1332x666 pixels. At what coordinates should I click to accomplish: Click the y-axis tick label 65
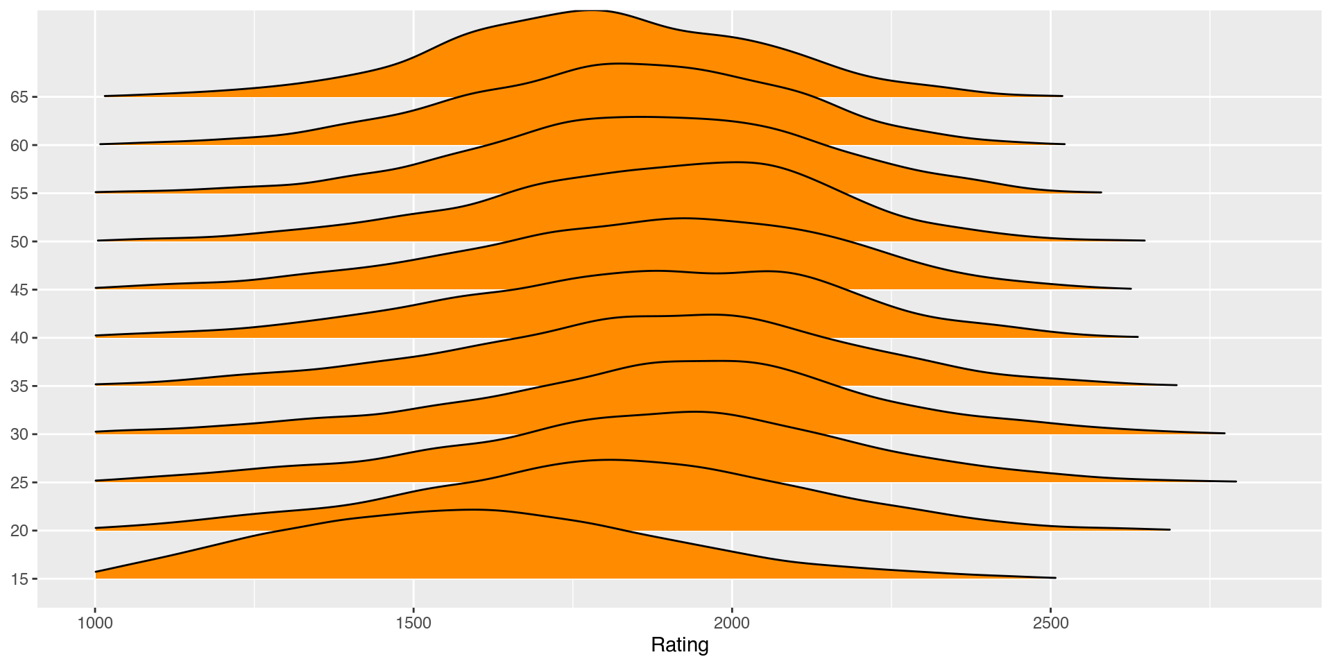pyautogui.click(x=19, y=97)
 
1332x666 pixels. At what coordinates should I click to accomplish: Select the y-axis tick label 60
pyautogui.click(x=19, y=146)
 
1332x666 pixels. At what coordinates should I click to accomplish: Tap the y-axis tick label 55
pyautogui.click(x=19, y=194)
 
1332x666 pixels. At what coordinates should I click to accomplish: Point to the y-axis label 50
pyautogui.click(x=19, y=242)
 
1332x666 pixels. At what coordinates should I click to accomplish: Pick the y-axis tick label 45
pyautogui.click(x=19, y=290)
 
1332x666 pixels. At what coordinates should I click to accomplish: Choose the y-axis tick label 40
pyautogui.click(x=19, y=339)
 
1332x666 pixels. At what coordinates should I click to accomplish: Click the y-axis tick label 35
pyautogui.click(x=19, y=386)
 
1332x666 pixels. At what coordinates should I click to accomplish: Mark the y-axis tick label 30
pyautogui.click(x=19, y=435)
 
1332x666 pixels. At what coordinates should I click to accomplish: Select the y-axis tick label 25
pyautogui.click(x=19, y=483)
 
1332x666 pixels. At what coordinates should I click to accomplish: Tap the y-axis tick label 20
pyautogui.click(x=19, y=531)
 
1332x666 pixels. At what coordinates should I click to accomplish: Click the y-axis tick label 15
pyautogui.click(x=19, y=579)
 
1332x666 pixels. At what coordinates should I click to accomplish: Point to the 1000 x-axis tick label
pyautogui.click(x=95, y=622)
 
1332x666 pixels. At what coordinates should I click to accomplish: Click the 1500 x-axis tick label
pyautogui.click(x=413, y=622)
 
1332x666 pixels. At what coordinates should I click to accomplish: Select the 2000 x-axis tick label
pyautogui.click(x=732, y=622)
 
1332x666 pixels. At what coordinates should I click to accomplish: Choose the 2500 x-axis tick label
pyautogui.click(x=1050, y=622)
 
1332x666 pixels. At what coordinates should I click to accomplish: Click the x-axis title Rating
pyautogui.click(x=679, y=645)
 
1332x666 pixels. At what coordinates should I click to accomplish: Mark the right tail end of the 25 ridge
pyautogui.click(x=1236, y=481)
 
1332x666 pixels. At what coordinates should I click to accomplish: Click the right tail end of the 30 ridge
pyautogui.click(x=1224, y=433)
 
